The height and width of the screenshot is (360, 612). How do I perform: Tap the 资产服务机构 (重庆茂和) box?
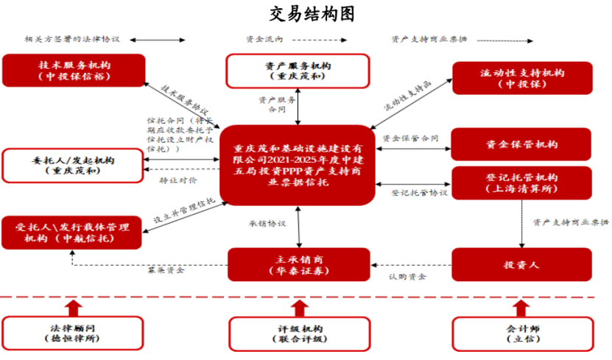[296, 71]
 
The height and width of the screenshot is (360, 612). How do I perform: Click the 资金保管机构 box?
[522, 144]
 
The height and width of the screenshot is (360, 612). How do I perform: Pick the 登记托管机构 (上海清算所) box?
[522, 183]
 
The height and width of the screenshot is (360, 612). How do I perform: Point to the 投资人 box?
[521, 264]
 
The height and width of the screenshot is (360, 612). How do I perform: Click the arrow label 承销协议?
[267, 223]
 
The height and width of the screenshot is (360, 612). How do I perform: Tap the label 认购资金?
[407, 277]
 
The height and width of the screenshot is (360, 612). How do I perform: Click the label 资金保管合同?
[410, 138]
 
